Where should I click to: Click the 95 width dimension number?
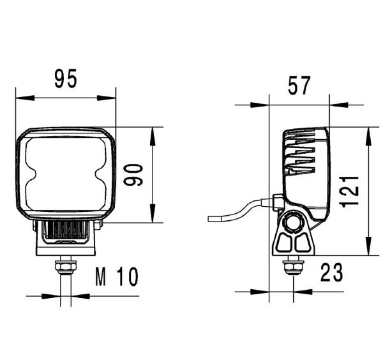(x=66, y=79)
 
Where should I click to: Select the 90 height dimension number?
(x=133, y=175)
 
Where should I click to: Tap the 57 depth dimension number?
(x=299, y=86)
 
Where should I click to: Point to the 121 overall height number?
(x=349, y=191)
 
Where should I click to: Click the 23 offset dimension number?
(x=331, y=272)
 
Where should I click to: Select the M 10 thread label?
(x=117, y=277)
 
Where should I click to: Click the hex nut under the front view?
(x=66, y=267)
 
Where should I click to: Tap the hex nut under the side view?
(x=293, y=267)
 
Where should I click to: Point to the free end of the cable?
(x=209, y=219)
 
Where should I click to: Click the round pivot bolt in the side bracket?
(x=293, y=223)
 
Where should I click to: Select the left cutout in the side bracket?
(x=284, y=243)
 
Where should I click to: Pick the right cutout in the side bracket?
(x=303, y=243)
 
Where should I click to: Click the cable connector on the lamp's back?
(x=278, y=202)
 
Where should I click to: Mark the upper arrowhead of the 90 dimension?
(x=153, y=137)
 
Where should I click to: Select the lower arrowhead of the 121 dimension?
(x=368, y=246)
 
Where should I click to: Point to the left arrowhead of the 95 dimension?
(x=25, y=98)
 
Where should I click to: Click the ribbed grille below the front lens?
(x=66, y=230)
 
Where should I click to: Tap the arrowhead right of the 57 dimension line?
(x=338, y=105)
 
